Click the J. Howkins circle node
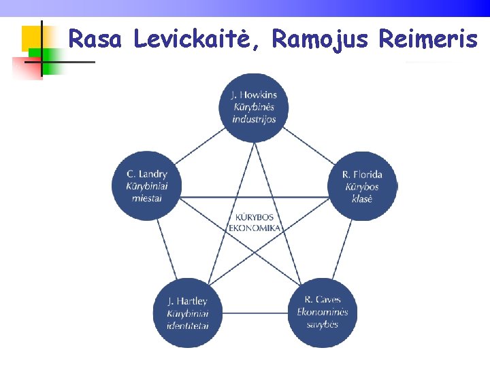click(x=254, y=107)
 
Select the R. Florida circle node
click(x=362, y=186)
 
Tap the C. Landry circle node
click(x=146, y=185)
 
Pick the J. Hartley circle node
click(x=187, y=313)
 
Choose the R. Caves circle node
click(x=323, y=312)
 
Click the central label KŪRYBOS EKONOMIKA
click(x=255, y=222)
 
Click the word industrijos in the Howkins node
click(x=254, y=119)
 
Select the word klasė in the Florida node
click(x=362, y=198)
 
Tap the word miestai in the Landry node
click(x=146, y=198)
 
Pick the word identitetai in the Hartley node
click(x=187, y=326)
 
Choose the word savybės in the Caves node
click(x=323, y=324)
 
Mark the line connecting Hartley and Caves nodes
click(x=255, y=313)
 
